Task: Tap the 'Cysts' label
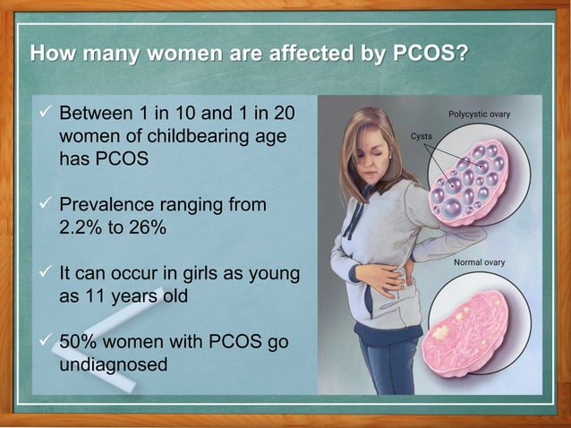point(422,136)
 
